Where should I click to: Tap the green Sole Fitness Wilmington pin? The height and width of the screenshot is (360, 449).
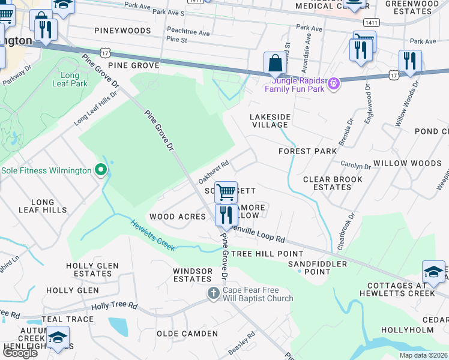point(101,170)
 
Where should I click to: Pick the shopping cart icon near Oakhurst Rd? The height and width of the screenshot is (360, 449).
point(226,193)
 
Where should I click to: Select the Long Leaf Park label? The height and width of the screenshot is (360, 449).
point(74,79)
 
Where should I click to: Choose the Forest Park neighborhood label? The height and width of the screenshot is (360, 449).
point(307,151)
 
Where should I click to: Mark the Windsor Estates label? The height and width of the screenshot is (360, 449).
point(192,275)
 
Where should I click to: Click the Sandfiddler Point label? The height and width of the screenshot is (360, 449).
point(318,268)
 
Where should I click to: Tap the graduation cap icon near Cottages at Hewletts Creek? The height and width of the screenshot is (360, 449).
point(433,272)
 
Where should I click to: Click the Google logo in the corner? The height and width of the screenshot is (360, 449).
point(20,353)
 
